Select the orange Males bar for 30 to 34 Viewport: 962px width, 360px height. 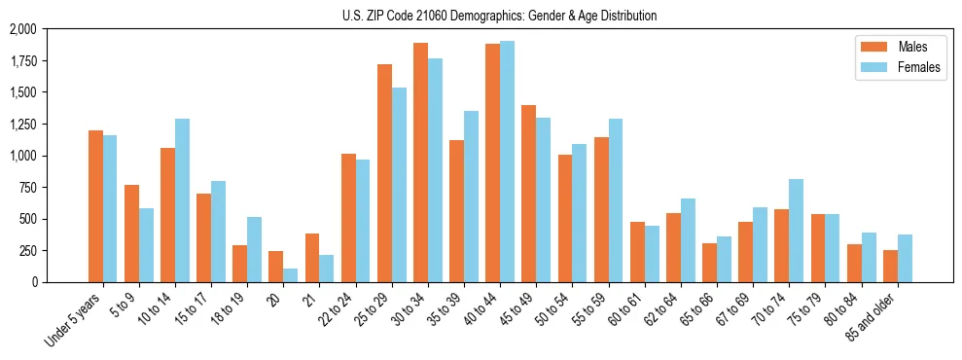click(x=420, y=162)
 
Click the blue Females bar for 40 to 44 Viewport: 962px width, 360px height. click(x=507, y=162)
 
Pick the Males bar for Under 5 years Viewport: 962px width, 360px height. click(x=95, y=206)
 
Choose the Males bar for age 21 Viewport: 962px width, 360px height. click(x=312, y=258)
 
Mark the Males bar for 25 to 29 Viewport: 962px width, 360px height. click(x=384, y=173)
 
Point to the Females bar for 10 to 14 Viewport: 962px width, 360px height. click(x=182, y=200)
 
